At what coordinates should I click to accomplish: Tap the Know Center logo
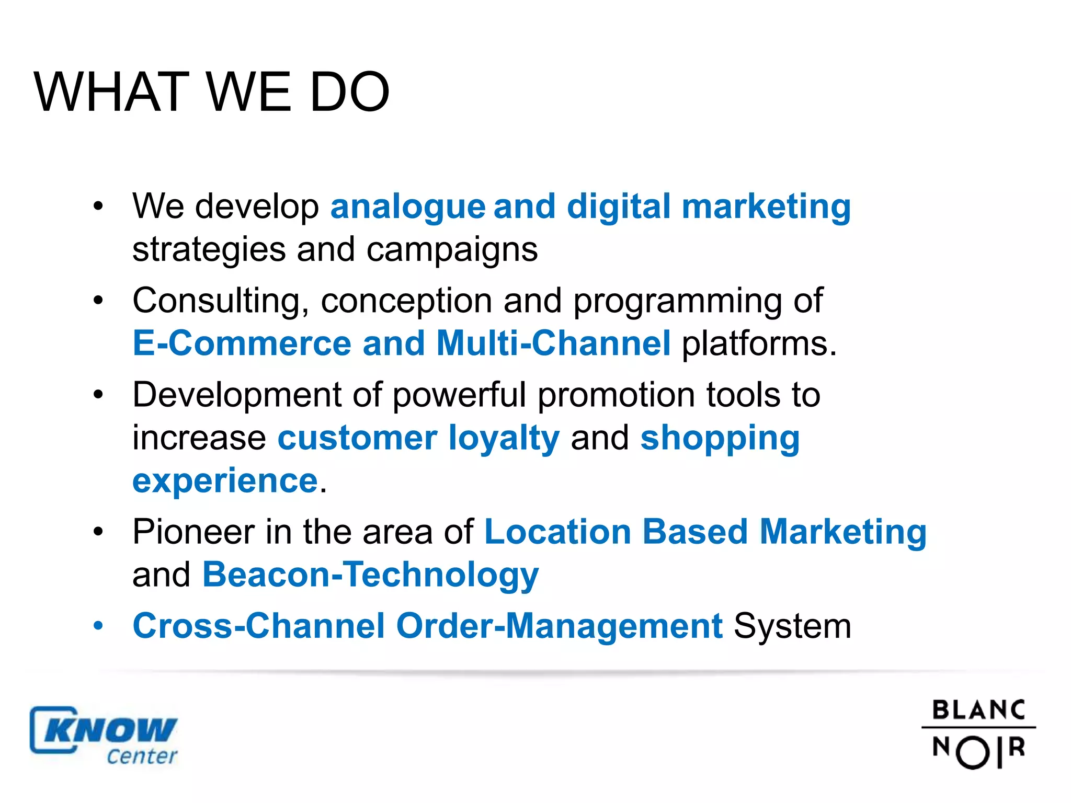(104, 736)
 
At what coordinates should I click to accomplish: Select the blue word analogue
(408, 207)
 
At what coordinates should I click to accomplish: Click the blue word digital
(618, 206)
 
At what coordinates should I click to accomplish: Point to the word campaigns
(452, 250)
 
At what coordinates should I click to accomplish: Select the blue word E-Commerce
(242, 343)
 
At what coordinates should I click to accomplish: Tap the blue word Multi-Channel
(553, 343)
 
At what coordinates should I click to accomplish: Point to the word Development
(236, 395)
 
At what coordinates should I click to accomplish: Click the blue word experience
(225, 481)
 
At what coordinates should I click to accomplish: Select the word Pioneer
(193, 532)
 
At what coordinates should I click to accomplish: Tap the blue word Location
(558, 532)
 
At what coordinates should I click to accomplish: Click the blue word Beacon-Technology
(370, 575)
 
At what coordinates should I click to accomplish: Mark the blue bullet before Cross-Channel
(98, 625)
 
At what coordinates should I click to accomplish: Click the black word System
(792, 626)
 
